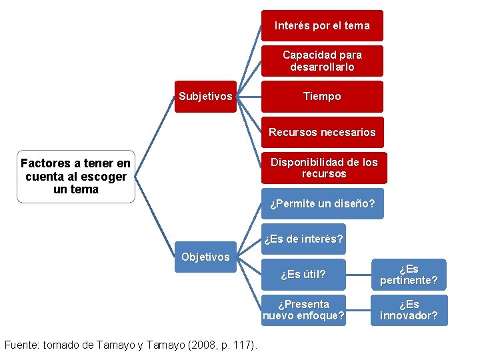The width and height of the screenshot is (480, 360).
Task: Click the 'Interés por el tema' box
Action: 322,25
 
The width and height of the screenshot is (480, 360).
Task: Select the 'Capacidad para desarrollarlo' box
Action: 322,61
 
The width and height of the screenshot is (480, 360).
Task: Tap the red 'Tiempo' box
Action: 322,97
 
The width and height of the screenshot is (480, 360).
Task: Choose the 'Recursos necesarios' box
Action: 322,132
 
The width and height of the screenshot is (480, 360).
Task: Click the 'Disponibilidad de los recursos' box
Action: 323,168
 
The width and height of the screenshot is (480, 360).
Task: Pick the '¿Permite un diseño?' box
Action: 322,203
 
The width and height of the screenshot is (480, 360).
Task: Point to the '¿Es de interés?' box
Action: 303,239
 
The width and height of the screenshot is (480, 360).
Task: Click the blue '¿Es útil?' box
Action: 304,274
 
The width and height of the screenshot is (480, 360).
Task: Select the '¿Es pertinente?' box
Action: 409,275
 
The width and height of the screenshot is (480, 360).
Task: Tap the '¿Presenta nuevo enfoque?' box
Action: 304,310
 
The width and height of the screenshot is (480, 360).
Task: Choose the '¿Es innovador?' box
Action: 409,310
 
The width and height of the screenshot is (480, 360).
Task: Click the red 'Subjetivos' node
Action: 205,97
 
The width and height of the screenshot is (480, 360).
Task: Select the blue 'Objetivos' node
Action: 205,257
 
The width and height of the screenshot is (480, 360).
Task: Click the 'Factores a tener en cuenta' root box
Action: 76,177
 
